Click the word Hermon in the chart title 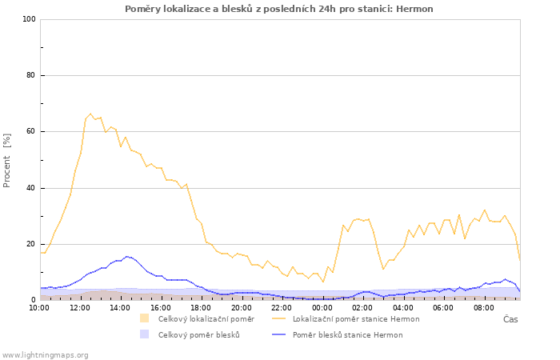(x=414, y=9)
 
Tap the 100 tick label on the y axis (x=30, y=19)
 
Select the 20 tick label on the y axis (x=32, y=244)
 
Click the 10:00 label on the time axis (x=39, y=308)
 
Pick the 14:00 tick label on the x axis (x=120, y=308)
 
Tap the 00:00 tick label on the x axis (x=322, y=308)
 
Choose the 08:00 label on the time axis (x=483, y=308)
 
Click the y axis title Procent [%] (x=6, y=160)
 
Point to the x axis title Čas (x=510, y=319)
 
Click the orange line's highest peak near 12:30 (x=90, y=114)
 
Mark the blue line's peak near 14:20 (x=126, y=257)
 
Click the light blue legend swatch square (x=144, y=334)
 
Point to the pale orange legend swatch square (x=144, y=318)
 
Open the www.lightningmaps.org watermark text (x=45, y=355)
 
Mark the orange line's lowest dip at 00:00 (x=323, y=282)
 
